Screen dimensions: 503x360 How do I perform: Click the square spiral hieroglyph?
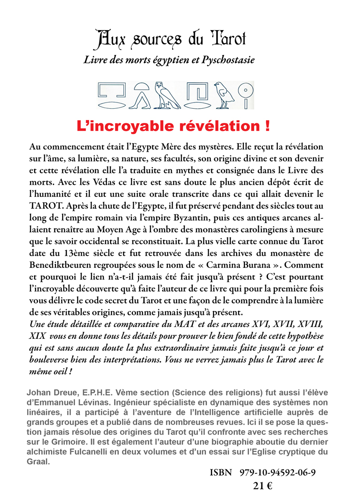tap(198, 91)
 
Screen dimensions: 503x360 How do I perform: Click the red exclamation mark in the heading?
tap(266, 126)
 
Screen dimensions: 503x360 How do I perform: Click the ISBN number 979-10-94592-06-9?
tap(278, 473)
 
